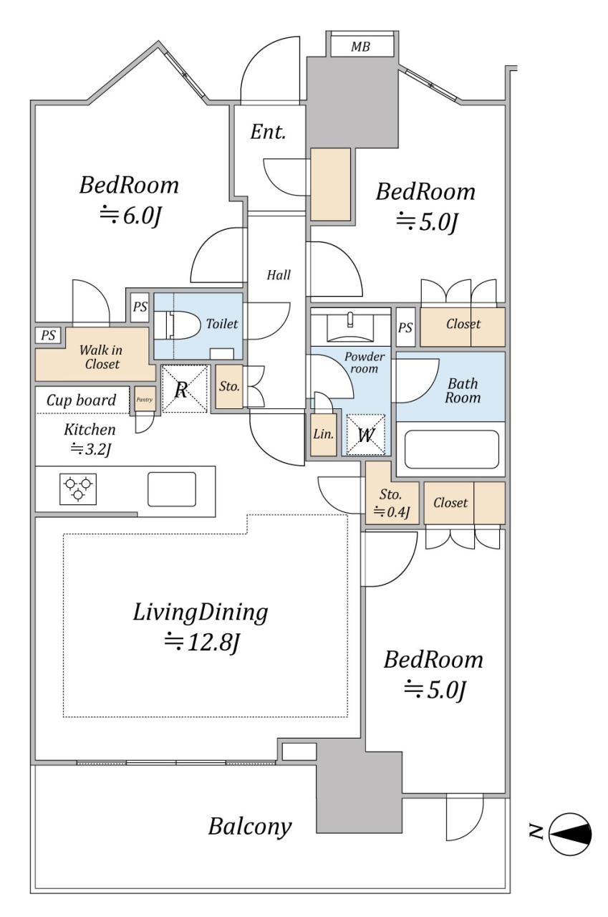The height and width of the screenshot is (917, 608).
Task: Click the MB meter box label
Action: pos(360,47)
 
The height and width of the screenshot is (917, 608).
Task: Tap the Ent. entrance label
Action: pos(268,132)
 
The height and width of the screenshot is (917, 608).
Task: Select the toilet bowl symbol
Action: pos(176,325)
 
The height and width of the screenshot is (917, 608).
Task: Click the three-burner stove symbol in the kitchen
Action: pos(78,489)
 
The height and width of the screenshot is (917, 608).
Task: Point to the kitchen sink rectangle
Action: pos(171,489)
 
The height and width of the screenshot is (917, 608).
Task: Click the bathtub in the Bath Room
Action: pos(451,449)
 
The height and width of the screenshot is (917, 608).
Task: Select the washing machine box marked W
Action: pos(366,435)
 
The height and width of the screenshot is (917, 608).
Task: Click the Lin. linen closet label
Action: pos(323,434)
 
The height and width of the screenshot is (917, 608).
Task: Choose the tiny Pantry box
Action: pos(145,399)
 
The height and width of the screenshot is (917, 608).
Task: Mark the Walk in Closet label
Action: pos(101,357)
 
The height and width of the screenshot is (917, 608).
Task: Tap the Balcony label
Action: pos(250,827)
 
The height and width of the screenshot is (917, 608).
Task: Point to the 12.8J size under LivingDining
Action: pos(201,642)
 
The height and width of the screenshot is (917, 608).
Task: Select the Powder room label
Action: pos(364,363)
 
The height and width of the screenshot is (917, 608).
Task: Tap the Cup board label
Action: pos(81,400)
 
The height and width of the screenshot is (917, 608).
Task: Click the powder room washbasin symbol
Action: pos(350,325)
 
